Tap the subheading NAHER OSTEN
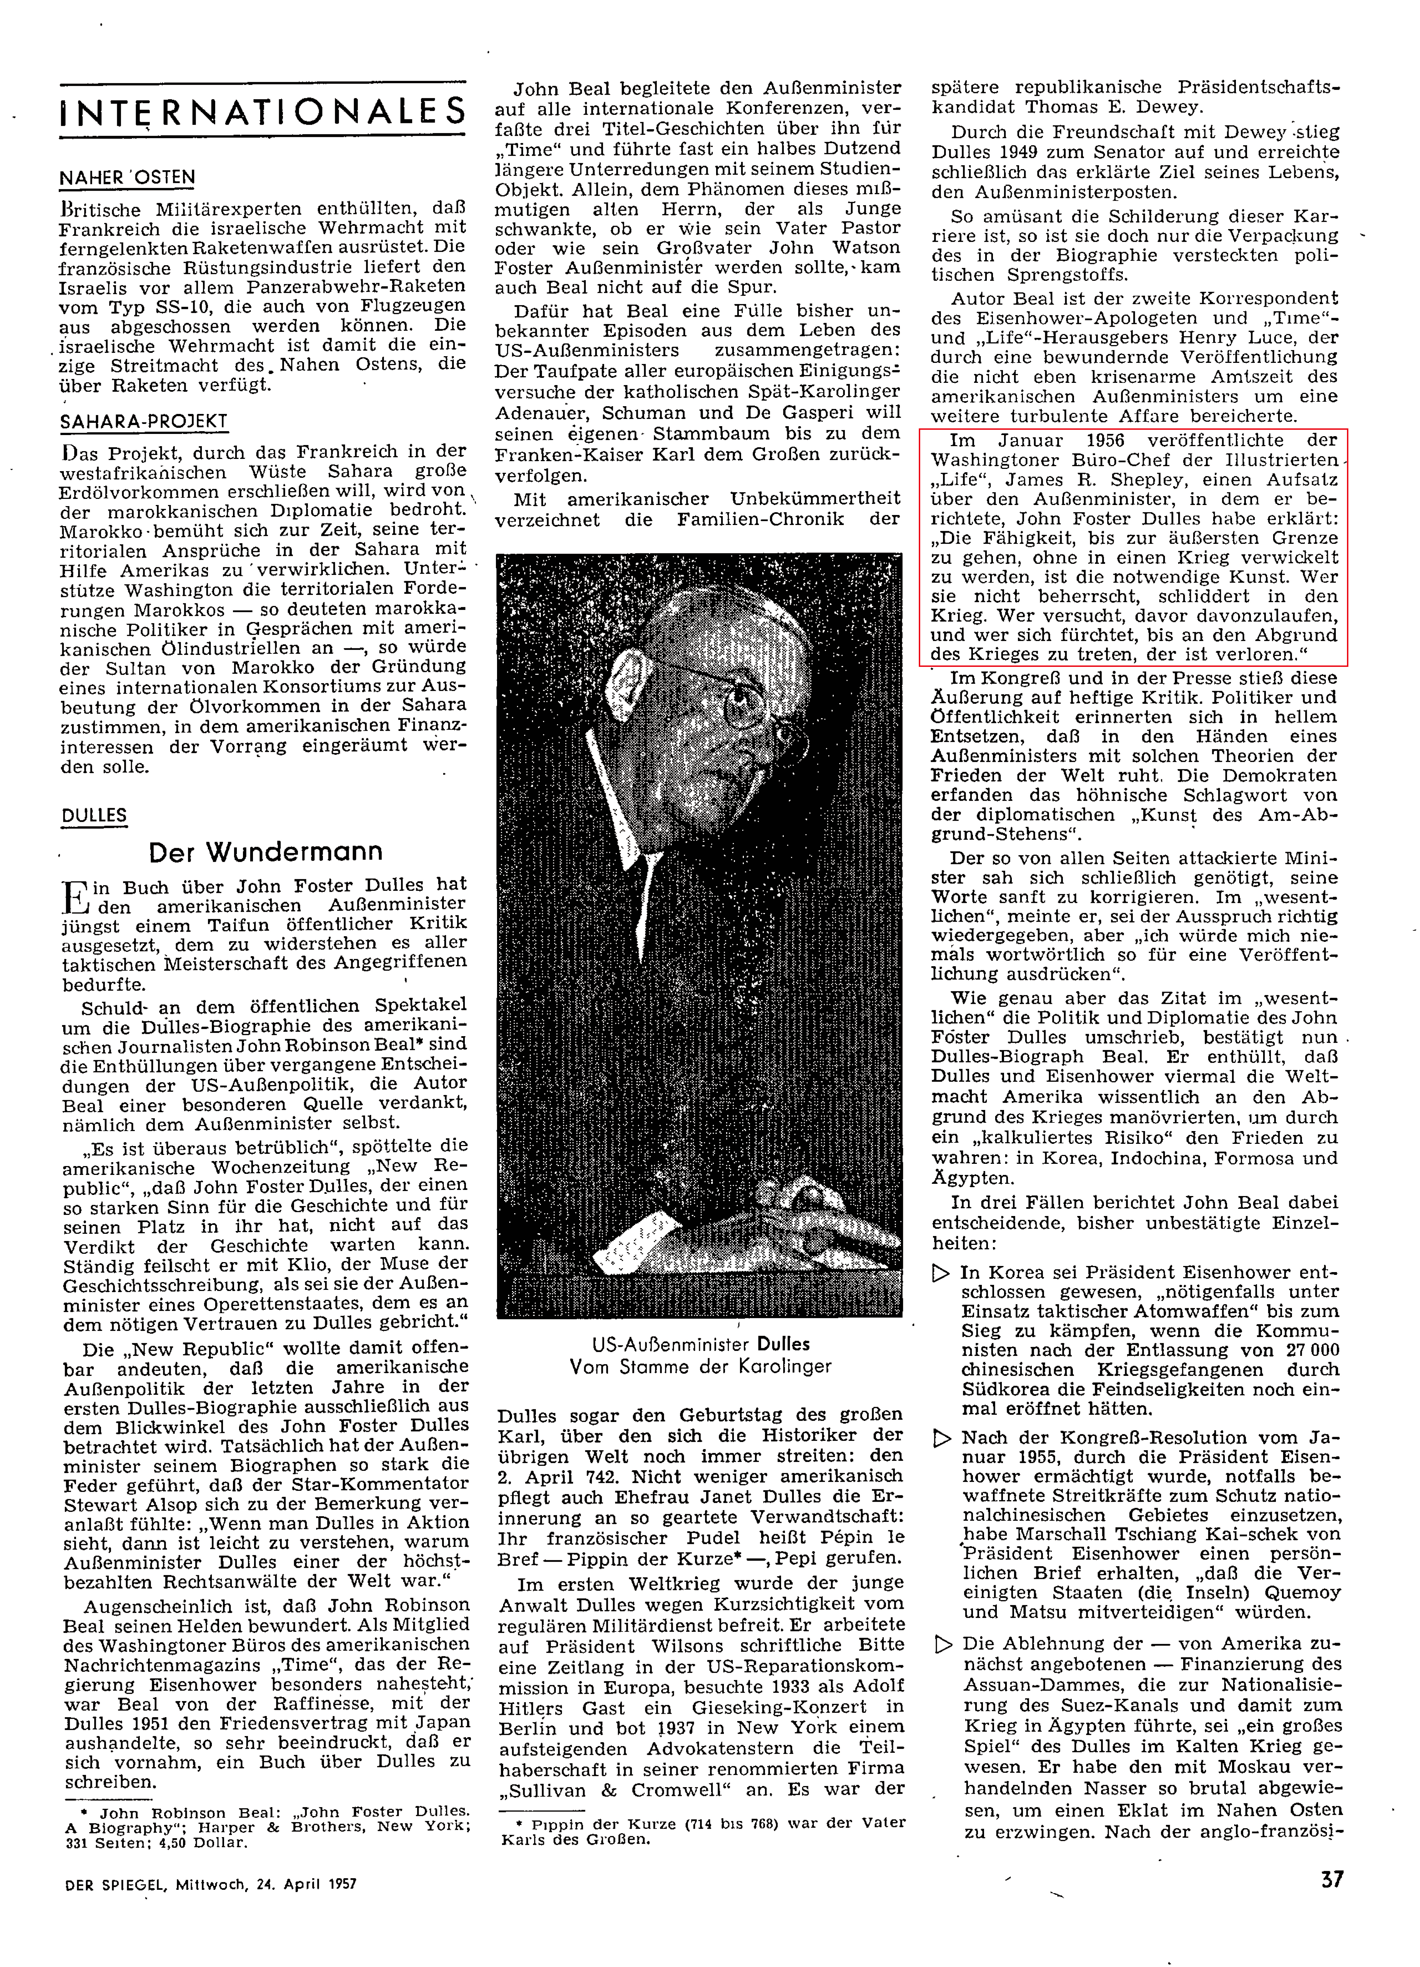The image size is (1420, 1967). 127,178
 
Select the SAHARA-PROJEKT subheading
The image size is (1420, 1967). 143,421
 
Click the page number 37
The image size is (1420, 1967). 1331,1878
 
